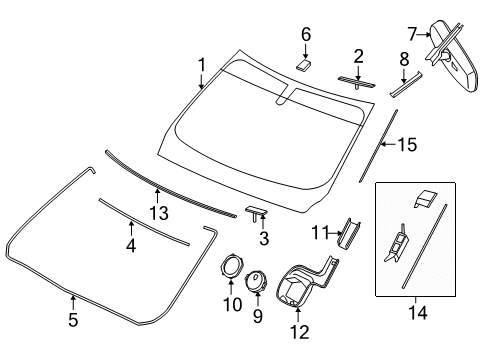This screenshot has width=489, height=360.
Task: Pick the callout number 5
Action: pyautogui.click(x=72, y=322)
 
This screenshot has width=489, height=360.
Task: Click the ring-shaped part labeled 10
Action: pyautogui.click(x=234, y=267)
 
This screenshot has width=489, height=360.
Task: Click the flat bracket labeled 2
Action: pyautogui.click(x=357, y=80)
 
